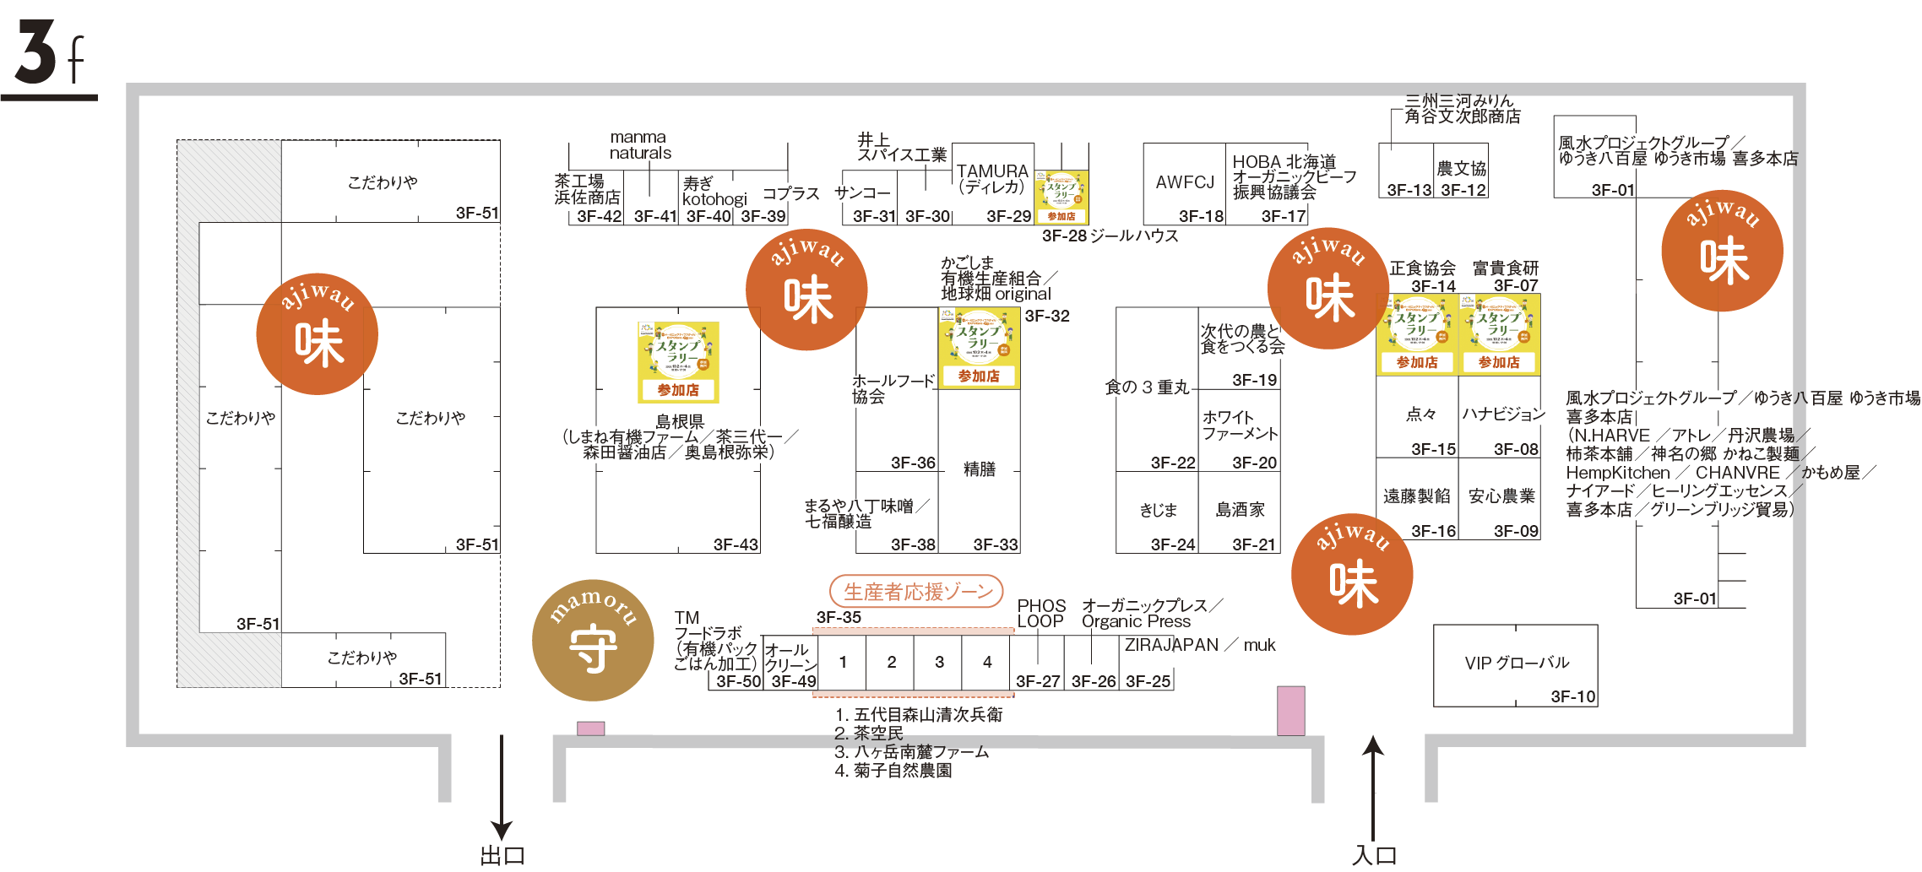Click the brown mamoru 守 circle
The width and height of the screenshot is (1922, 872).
coord(593,640)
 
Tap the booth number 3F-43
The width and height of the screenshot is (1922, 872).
coord(736,544)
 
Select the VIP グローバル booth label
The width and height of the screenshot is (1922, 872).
coord(1517,663)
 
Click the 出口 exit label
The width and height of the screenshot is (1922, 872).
coord(502,856)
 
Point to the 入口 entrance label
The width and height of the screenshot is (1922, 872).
coord(1374,856)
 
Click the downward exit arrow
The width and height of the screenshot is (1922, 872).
coord(502,785)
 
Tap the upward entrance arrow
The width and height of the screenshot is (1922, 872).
coord(1374,785)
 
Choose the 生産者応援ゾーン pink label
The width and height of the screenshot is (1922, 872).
coord(917,592)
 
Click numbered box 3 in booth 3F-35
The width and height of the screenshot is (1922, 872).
coord(939,663)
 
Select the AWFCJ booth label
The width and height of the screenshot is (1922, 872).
coord(1185,182)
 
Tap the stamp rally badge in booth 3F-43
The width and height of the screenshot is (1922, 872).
coord(678,361)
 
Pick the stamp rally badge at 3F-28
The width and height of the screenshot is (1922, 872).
coord(1061,197)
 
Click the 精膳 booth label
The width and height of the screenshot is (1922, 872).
coord(980,469)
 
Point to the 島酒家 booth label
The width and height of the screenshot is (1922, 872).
coord(1240,510)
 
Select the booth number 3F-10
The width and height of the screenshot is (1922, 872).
coord(1572,696)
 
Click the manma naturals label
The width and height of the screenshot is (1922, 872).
coord(640,145)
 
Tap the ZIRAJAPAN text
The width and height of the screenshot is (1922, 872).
coord(1172,645)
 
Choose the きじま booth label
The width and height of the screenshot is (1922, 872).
coord(1158,510)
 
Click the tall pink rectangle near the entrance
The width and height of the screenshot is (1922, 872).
coord(1290,710)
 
